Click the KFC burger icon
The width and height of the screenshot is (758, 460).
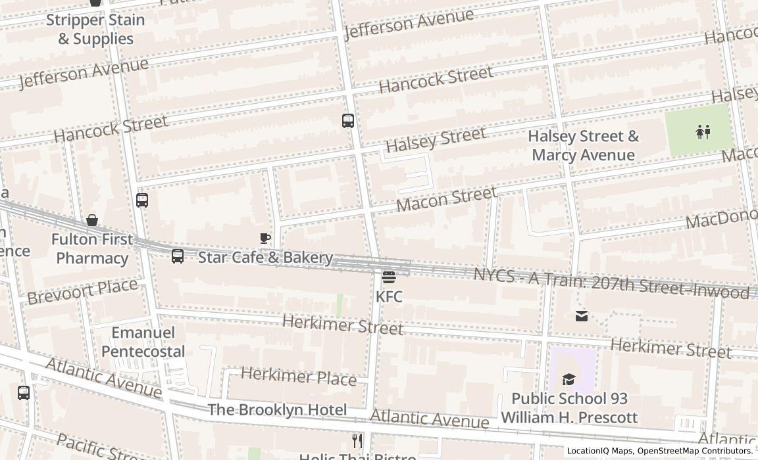tap(389, 277)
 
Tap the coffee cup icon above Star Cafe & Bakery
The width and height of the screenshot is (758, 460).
tap(265, 239)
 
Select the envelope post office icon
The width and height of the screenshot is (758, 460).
tap(582, 316)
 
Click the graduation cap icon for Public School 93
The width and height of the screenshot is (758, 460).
tap(568, 379)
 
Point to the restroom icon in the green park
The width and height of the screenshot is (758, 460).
tap(703, 132)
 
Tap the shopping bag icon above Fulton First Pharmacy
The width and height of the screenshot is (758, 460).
tap(92, 220)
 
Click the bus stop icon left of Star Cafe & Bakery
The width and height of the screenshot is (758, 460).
tap(178, 256)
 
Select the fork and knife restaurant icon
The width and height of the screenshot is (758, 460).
tap(357, 440)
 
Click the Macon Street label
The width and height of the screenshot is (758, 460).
tap(447, 198)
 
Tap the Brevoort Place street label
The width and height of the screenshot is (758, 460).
tap(83, 291)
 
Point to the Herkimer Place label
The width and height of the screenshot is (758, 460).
tap(299, 376)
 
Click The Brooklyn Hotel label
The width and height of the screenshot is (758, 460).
tap(277, 410)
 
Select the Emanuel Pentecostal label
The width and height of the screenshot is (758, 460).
tap(143, 342)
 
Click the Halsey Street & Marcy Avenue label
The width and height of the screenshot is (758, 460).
tap(583, 146)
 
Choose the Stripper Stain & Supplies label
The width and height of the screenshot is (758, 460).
tap(95, 29)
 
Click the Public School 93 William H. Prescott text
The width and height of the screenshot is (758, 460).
tap(569, 408)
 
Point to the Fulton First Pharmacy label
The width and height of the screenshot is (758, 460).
tap(92, 248)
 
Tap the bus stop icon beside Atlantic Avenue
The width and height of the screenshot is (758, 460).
tap(24, 393)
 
